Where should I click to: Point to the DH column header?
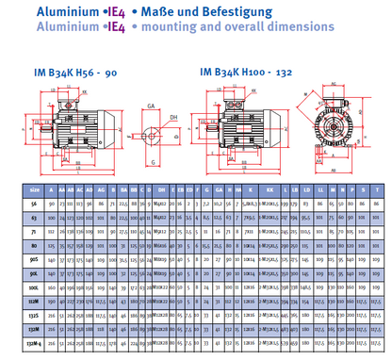(x=162, y=188)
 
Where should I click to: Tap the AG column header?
(x=99, y=188)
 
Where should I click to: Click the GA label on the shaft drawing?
(x=153, y=107)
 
